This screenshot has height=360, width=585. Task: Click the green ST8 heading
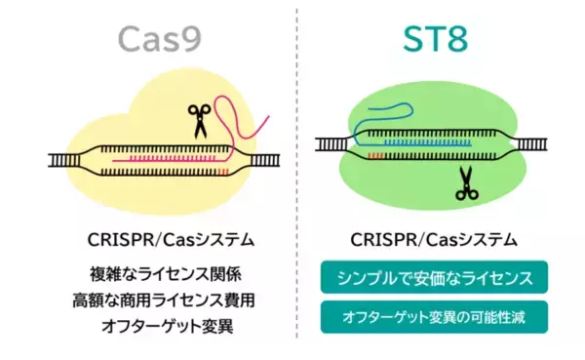(x=433, y=38)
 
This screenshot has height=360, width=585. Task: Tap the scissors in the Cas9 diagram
(x=200, y=120)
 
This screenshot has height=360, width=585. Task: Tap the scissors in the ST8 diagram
(x=466, y=181)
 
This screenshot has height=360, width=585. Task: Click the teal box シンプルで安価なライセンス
(x=433, y=277)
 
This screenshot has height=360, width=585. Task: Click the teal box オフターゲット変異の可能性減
(x=433, y=316)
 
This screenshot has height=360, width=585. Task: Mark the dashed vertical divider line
(x=295, y=176)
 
